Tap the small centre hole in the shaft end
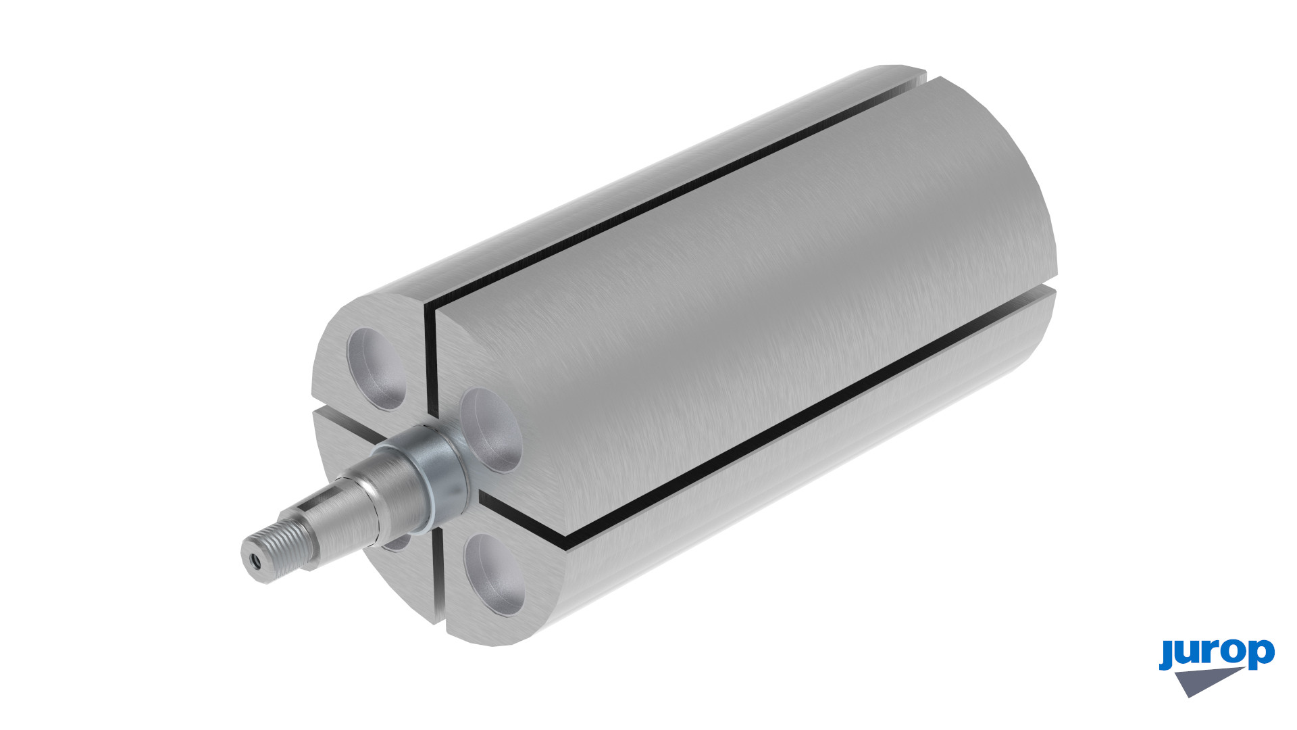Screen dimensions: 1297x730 [255, 560]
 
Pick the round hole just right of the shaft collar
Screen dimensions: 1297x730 [491, 430]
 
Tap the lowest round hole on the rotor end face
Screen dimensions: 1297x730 [494, 574]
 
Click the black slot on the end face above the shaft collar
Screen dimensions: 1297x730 [430, 365]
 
